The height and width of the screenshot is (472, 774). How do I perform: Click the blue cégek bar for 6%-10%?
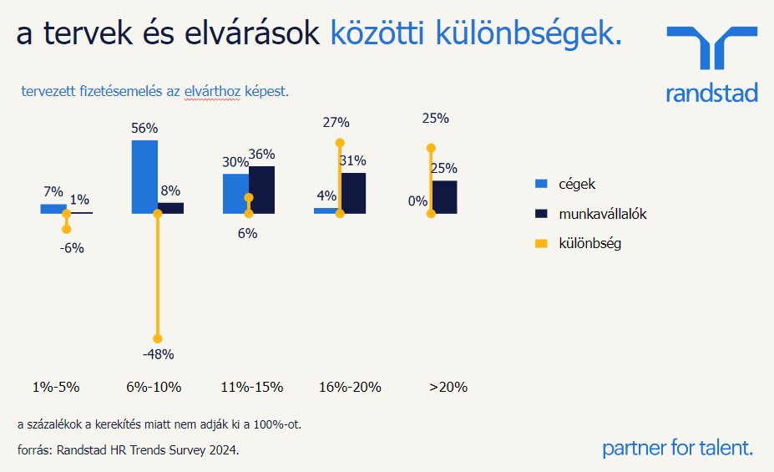(x=144, y=176)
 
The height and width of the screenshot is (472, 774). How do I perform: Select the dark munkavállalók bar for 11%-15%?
(x=261, y=190)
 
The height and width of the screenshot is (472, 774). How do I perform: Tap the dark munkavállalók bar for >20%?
(x=444, y=197)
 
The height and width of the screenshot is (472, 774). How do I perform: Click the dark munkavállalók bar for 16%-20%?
(x=353, y=193)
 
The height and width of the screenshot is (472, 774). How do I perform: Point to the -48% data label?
(x=158, y=354)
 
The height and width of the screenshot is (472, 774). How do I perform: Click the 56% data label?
(x=144, y=128)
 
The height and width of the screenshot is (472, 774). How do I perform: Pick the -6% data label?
(x=72, y=248)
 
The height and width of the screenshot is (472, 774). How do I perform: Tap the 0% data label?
(x=417, y=200)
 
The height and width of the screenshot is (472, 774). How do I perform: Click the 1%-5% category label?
(x=56, y=387)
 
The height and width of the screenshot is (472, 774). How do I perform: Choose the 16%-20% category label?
(x=350, y=387)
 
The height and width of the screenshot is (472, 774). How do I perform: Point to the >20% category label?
(x=448, y=387)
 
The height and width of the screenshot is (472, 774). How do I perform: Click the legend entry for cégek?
(x=577, y=184)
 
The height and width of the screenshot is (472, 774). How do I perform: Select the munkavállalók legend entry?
(x=602, y=214)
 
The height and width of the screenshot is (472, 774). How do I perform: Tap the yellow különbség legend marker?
(x=540, y=244)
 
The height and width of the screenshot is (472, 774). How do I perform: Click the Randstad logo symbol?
(x=712, y=48)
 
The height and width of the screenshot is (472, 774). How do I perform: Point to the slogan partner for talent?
(x=677, y=448)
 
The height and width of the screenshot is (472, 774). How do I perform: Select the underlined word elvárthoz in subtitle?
(x=212, y=91)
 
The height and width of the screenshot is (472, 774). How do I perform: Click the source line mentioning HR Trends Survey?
(x=129, y=449)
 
